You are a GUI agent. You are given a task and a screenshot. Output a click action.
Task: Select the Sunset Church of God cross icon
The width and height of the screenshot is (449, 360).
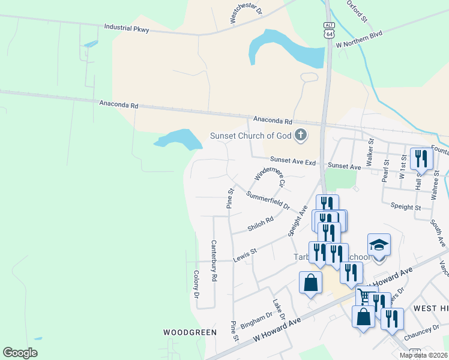[x=300, y=136]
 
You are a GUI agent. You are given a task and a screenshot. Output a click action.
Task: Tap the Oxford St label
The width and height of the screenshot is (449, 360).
[x=357, y=11]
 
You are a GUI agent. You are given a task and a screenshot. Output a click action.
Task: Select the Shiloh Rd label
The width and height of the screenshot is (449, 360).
[x=261, y=224]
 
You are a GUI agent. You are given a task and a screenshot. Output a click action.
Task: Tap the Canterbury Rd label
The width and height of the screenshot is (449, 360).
[x=213, y=262]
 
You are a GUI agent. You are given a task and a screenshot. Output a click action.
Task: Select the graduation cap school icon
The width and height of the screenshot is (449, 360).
[x=379, y=245]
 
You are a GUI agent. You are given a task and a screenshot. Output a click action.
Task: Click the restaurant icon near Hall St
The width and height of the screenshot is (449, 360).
[x=421, y=159]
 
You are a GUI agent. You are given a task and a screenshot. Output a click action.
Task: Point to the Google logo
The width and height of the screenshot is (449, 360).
[x=20, y=353]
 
